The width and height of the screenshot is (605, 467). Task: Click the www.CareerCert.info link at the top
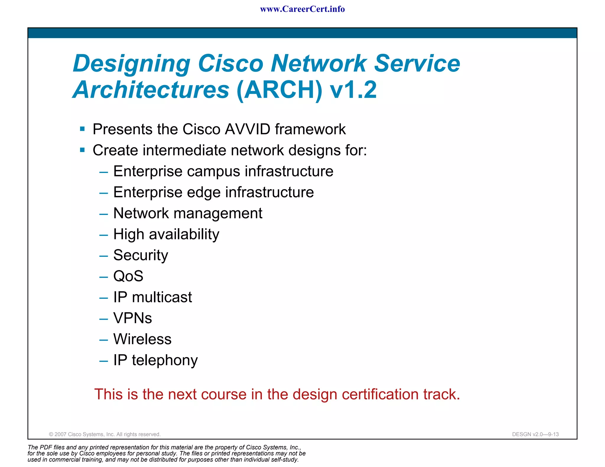(x=302, y=9)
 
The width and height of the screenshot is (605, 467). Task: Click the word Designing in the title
(x=131, y=64)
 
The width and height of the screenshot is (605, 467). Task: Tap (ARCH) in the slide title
(x=279, y=90)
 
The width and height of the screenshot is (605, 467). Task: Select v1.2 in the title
(x=353, y=90)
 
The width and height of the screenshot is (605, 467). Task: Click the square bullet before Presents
(x=82, y=129)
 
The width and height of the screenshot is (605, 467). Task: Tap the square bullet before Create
(x=82, y=150)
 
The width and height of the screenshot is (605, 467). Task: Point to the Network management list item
(x=188, y=213)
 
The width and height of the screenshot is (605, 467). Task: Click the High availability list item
(x=166, y=234)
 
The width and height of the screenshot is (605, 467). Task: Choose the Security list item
(x=141, y=255)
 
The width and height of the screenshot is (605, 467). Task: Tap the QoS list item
(x=128, y=276)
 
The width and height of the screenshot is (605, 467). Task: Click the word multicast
(x=162, y=297)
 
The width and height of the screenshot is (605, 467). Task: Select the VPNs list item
(x=133, y=318)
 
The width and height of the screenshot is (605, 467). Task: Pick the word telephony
(x=165, y=360)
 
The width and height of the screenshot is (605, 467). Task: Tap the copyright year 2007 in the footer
(x=61, y=434)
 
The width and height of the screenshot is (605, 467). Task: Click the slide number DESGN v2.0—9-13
(x=535, y=434)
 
